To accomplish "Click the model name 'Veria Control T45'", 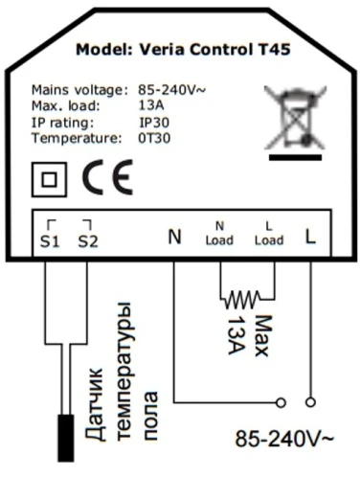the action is (x=214, y=50).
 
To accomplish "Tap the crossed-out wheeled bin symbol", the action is (x=295, y=118).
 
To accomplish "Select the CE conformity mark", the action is (x=107, y=177).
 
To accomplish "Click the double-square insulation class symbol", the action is (x=49, y=179).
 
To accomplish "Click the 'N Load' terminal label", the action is (x=219, y=234).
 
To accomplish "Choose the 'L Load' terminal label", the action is (x=269, y=234).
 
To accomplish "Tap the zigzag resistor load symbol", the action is (x=242, y=300).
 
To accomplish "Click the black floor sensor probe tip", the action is (x=66, y=438).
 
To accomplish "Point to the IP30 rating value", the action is (x=154, y=123).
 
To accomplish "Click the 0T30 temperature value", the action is (x=154, y=138).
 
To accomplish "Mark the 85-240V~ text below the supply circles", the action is (x=284, y=439).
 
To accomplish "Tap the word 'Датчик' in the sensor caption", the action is (x=94, y=404).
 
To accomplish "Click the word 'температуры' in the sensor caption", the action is (x=124, y=371).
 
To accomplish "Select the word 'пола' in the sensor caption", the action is (x=150, y=415).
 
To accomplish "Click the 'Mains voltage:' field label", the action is (x=78, y=90).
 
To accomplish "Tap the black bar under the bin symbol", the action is (x=295, y=157).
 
